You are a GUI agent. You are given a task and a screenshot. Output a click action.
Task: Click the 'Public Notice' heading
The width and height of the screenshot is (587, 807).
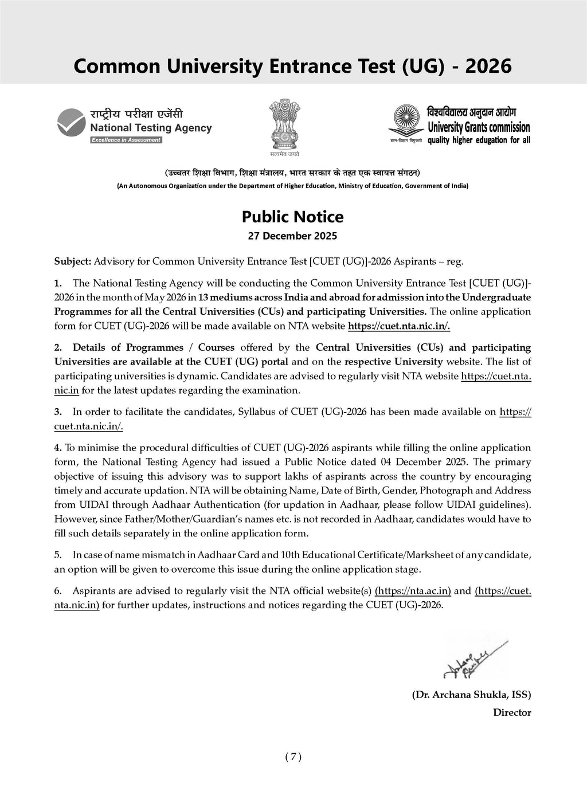pyautogui.click(x=292, y=217)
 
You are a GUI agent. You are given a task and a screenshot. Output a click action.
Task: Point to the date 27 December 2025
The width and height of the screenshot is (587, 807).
pyautogui.click(x=292, y=236)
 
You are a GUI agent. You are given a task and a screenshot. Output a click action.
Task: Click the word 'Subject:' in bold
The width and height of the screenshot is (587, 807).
pyautogui.click(x=72, y=261)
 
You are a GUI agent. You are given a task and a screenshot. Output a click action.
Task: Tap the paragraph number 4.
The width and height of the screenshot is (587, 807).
pyautogui.click(x=57, y=448)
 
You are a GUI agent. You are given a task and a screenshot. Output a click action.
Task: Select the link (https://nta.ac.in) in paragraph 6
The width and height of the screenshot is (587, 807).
pyautogui.click(x=413, y=591)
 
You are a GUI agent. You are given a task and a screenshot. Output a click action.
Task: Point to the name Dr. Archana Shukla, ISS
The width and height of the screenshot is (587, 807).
pyautogui.click(x=471, y=695)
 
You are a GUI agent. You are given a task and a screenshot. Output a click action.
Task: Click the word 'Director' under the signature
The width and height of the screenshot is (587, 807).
pyautogui.click(x=512, y=713)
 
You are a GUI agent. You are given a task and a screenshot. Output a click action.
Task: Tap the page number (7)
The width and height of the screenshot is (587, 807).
pyautogui.click(x=293, y=757)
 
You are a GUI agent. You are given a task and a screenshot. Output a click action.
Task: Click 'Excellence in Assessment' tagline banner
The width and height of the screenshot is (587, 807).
pyautogui.click(x=126, y=140)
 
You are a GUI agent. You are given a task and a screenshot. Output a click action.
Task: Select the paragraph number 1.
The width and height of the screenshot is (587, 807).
pyautogui.click(x=57, y=283)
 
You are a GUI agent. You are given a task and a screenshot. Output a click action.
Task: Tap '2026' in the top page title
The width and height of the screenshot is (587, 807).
pyautogui.click(x=488, y=66)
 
